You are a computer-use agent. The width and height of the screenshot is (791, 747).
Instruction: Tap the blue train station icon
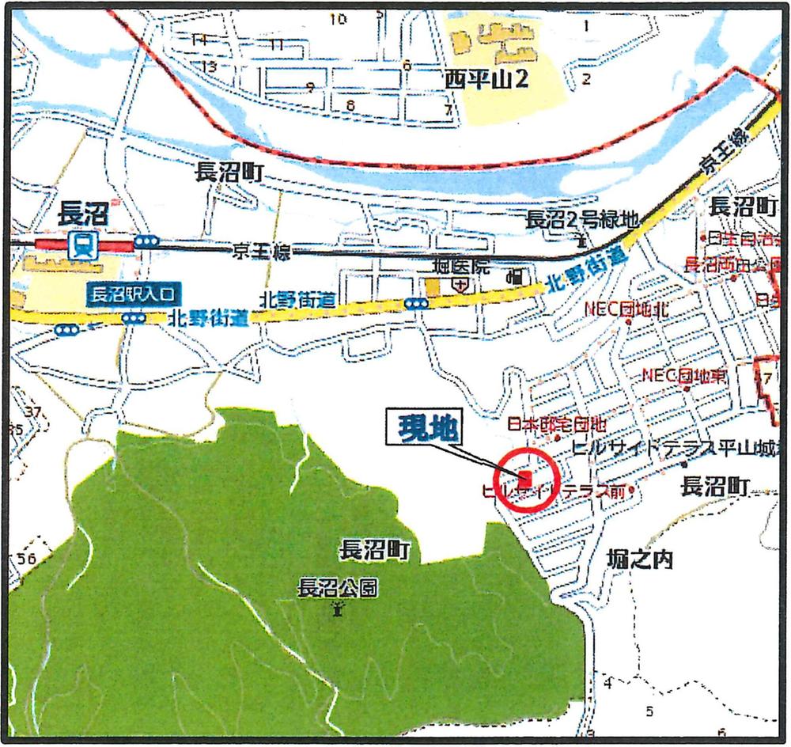click(x=81, y=246)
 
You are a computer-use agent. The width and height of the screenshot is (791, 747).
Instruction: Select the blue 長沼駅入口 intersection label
click(x=133, y=296)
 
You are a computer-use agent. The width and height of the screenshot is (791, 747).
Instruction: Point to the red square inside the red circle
click(x=525, y=477)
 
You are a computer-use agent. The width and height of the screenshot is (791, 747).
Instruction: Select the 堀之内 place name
click(x=642, y=560)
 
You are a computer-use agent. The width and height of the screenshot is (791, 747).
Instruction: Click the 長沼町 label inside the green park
click(x=375, y=551)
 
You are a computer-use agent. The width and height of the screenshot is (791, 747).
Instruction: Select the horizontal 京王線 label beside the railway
click(x=261, y=252)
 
